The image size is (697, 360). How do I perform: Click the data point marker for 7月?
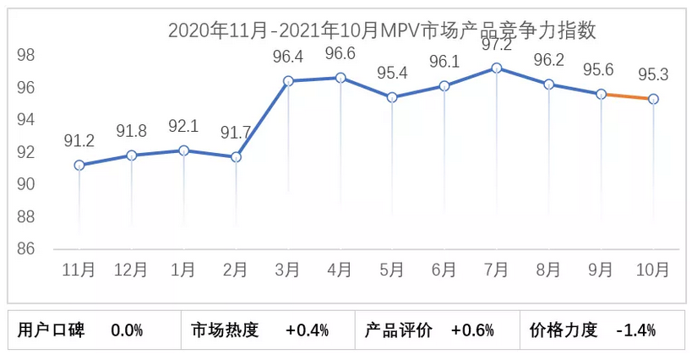click(497, 68)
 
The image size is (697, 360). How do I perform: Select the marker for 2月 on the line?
click(236, 157)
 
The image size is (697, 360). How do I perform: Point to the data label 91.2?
click(79, 141)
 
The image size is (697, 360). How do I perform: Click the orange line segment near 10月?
click(627, 96)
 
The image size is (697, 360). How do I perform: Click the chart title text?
click(382, 31)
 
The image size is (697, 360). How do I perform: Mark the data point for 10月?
click(653, 99)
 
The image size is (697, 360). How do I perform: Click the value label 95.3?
click(653, 74)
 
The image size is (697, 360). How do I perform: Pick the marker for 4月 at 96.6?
click(340, 78)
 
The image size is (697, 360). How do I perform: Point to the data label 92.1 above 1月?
click(183, 127)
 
